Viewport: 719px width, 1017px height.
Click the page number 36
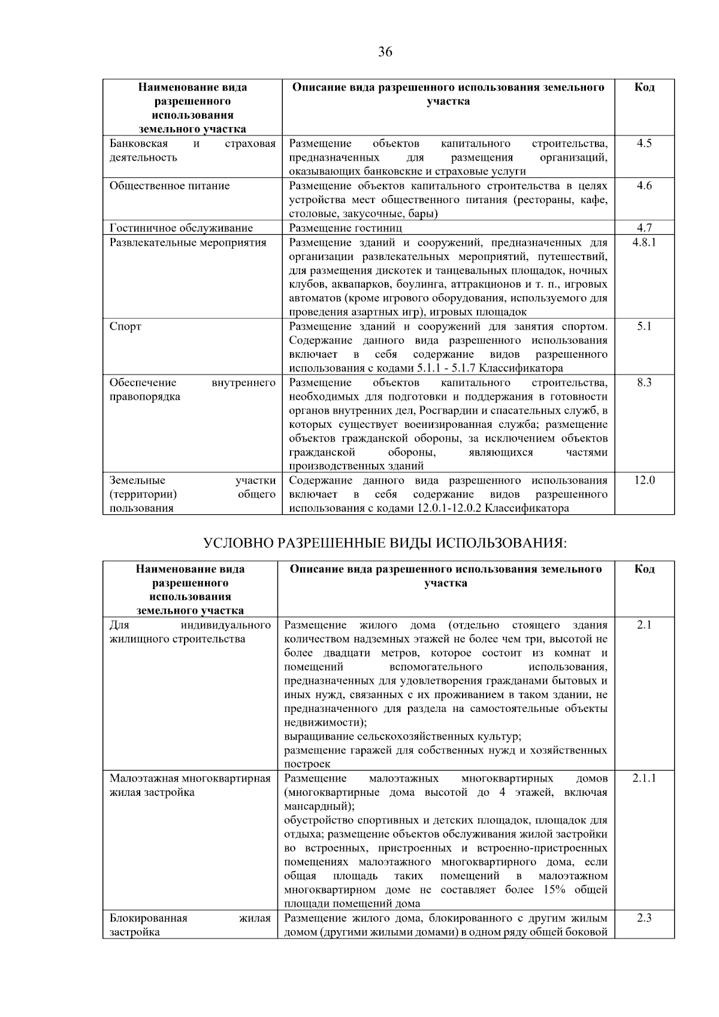point(385,52)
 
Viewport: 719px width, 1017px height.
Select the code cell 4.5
point(644,143)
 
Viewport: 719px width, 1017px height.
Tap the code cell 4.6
point(644,186)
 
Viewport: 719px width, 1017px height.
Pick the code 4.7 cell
point(644,228)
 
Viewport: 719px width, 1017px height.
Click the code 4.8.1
point(644,242)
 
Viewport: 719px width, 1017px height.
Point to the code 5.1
point(644,326)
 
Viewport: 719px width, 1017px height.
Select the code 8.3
point(644,382)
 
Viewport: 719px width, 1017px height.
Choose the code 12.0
point(644,480)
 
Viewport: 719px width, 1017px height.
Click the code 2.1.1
point(644,778)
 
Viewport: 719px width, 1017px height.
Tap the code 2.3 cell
point(644,918)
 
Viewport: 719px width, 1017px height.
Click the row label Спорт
point(125,327)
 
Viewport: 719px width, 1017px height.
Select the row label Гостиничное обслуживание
point(181,228)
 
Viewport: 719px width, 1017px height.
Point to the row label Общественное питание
point(170,186)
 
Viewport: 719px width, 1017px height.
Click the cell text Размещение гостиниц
point(346,228)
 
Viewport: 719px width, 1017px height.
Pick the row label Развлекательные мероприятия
point(188,243)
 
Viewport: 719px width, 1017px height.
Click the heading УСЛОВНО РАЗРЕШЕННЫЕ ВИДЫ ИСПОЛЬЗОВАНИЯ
point(385,543)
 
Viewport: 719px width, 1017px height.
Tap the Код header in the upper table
point(644,87)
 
